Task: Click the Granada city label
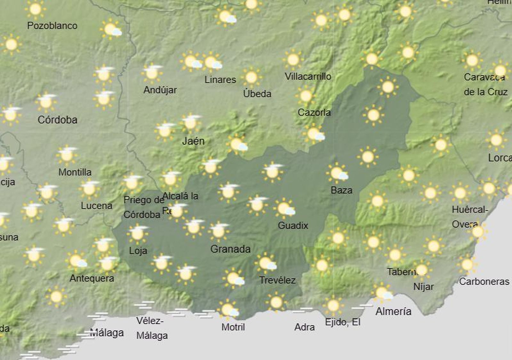tap(230, 249)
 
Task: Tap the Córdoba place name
tap(57, 120)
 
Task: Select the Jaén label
tap(193, 141)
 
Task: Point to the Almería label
tap(393, 311)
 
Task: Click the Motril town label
tap(233, 327)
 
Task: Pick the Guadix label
tap(293, 225)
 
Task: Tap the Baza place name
tap(341, 190)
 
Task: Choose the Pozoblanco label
tap(52, 26)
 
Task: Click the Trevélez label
tap(277, 280)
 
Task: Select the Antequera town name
tap(92, 278)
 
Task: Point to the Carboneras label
tap(484, 282)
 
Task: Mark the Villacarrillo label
tap(308, 77)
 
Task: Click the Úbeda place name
tap(257, 94)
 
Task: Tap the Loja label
tap(138, 250)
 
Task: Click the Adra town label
tap(304, 327)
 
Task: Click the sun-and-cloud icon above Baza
tap(337, 173)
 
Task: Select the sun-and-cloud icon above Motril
tap(228, 310)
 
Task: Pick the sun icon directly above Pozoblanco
tap(35, 9)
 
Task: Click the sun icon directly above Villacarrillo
tap(293, 60)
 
